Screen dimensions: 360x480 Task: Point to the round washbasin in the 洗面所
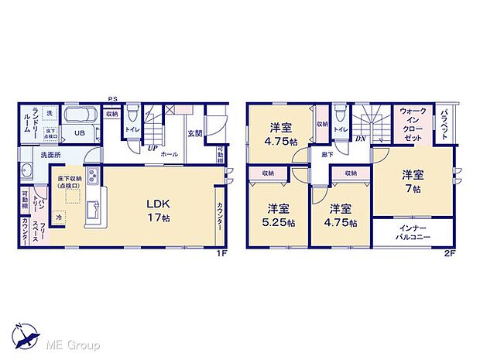click(x=26, y=173)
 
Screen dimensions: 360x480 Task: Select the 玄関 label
click(x=194, y=133)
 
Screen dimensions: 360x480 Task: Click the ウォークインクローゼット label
click(x=413, y=124)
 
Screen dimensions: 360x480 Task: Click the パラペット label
click(x=447, y=123)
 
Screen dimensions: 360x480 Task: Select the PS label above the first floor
click(x=113, y=98)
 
